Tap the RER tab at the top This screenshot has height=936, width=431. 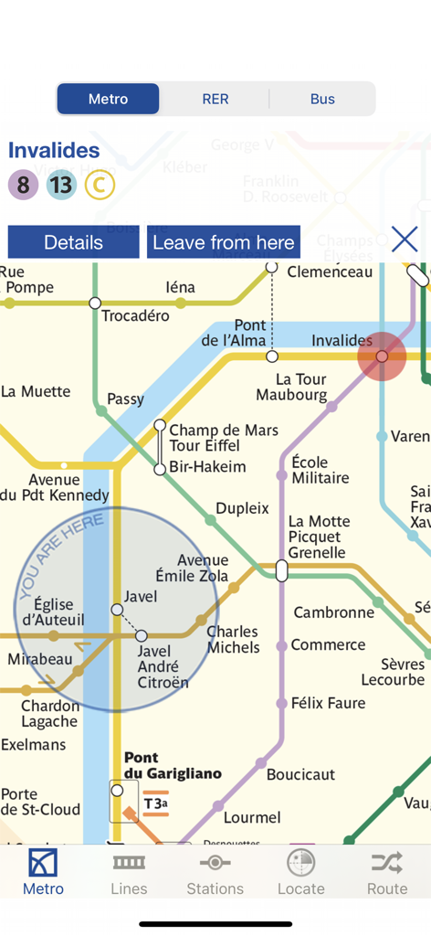pyautogui.click(x=215, y=99)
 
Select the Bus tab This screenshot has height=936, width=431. pyautogui.click(x=322, y=99)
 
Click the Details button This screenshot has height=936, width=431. pyautogui.click(x=73, y=242)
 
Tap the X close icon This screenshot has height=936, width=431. pyautogui.click(x=405, y=239)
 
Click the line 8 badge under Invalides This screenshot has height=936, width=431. pyautogui.click(x=24, y=186)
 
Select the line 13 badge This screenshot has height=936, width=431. pyautogui.click(x=61, y=186)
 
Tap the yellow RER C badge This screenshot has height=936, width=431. pyautogui.click(x=100, y=186)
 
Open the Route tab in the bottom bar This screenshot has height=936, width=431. pyautogui.click(x=387, y=872)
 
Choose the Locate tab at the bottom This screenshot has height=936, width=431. pyautogui.click(x=300, y=872)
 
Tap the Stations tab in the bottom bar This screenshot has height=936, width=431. pyautogui.click(x=215, y=872)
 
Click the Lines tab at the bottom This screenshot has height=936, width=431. pyautogui.click(x=129, y=872)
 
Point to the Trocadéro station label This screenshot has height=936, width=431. pyautogui.click(x=135, y=316)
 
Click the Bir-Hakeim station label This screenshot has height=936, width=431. pyautogui.click(x=207, y=467)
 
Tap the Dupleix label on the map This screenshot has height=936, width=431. pyautogui.click(x=242, y=508)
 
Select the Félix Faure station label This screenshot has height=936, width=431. pyautogui.click(x=328, y=703)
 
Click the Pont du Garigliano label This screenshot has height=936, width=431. pyautogui.click(x=172, y=766)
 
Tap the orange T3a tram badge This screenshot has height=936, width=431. pyautogui.click(x=155, y=804)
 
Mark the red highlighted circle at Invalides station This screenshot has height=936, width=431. pyautogui.click(x=382, y=356)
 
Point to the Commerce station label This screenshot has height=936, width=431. pyautogui.click(x=328, y=645)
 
